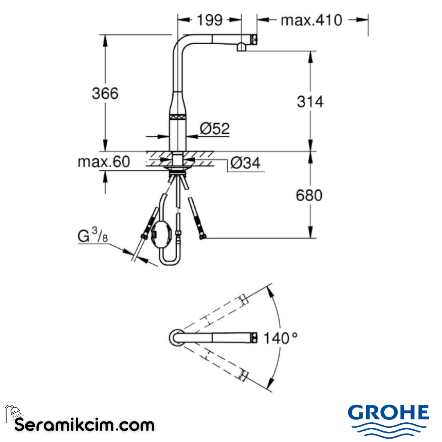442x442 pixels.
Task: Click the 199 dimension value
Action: click(210, 19)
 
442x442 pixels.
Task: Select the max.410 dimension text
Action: click(311, 19)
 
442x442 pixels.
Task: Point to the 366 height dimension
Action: click(105, 93)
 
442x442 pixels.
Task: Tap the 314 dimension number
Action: click(310, 101)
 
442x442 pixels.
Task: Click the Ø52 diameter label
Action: click(214, 129)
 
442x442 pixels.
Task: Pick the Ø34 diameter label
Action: click(245, 163)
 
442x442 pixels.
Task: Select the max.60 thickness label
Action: click(104, 162)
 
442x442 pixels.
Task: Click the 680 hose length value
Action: click(309, 195)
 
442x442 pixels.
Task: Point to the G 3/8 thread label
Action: click(92, 236)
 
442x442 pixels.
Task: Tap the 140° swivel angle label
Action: click(280, 338)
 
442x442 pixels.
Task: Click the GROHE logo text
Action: click(388, 412)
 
